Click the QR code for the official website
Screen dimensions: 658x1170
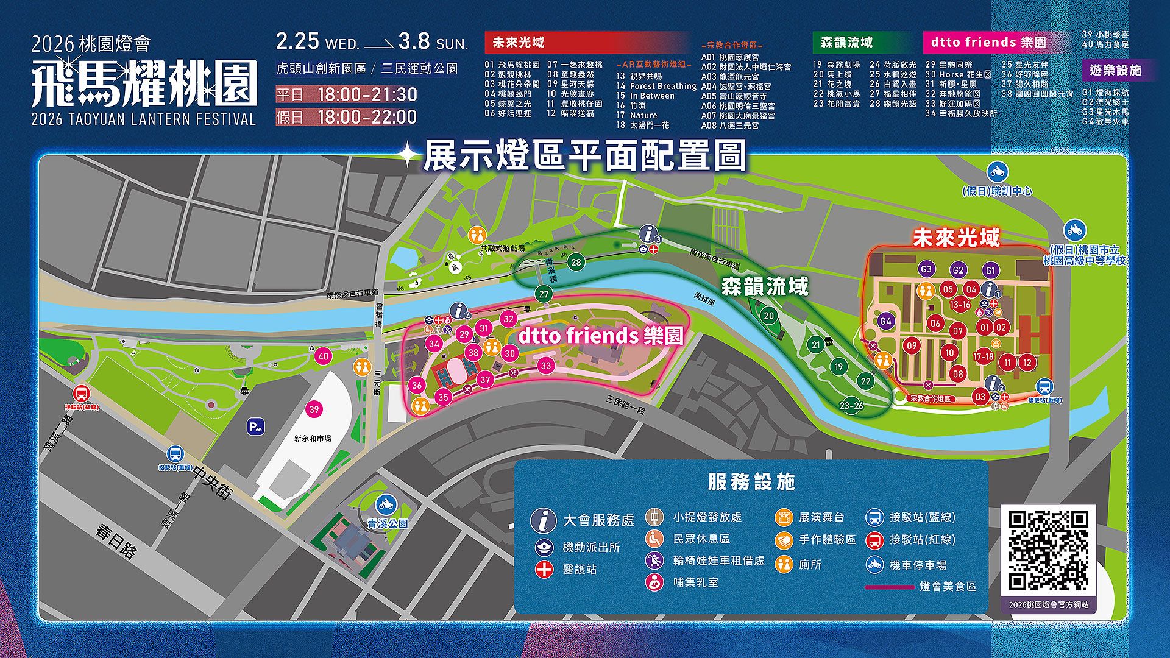pyautogui.click(x=1048, y=551)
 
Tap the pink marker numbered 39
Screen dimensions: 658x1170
pyautogui.click(x=314, y=409)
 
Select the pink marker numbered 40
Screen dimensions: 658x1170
pyautogui.click(x=323, y=356)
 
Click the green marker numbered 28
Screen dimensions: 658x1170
pyautogui.click(x=575, y=262)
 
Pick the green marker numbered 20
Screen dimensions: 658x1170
pyautogui.click(x=769, y=315)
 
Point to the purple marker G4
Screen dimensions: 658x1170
pyautogui.click(x=885, y=320)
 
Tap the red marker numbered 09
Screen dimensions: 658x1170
pyautogui.click(x=912, y=345)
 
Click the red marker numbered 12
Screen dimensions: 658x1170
pyautogui.click(x=1027, y=363)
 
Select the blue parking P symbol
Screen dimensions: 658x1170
pyautogui.click(x=256, y=427)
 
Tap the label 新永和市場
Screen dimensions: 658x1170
pyautogui.click(x=313, y=438)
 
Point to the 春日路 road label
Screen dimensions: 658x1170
pyautogui.click(x=115, y=540)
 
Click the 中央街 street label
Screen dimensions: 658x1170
pyautogui.click(x=213, y=483)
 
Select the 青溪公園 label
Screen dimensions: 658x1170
pyautogui.click(x=387, y=523)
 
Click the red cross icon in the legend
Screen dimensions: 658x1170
pyautogui.click(x=544, y=569)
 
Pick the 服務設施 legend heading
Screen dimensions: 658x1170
pyautogui.click(x=751, y=482)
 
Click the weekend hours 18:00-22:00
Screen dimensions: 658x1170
pyautogui.click(x=367, y=117)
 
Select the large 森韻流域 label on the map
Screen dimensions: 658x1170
pyautogui.click(x=765, y=286)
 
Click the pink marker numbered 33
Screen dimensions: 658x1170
pyautogui.click(x=545, y=366)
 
